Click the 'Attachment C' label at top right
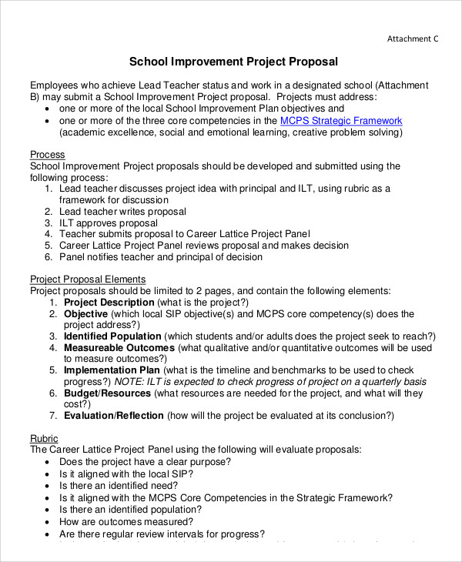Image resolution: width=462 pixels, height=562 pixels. click(x=412, y=38)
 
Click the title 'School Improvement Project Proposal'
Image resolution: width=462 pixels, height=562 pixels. click(x=233, y=61)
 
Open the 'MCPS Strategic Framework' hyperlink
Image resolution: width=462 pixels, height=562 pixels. click(x=341, y=121)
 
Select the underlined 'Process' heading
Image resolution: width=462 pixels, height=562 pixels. click(x=47, y=155)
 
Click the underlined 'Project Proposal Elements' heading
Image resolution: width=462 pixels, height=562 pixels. click(x=88, y=279)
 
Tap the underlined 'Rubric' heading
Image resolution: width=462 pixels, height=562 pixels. click(x=45, y=437)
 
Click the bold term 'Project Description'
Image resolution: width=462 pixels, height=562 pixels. click(x=109, y=303)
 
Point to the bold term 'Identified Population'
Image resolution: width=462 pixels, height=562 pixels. click(x=112, y=336)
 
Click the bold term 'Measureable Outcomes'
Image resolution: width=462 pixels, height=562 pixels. click(x=119, y=348)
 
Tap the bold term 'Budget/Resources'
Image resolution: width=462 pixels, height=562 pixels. click(x=108, y=393)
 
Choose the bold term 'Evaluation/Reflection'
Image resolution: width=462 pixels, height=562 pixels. click(x=114, y=416)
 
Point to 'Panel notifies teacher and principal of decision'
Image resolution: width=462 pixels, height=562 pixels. click(x=161, y=256)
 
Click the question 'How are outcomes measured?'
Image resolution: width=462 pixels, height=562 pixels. click(x=126, y=522)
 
